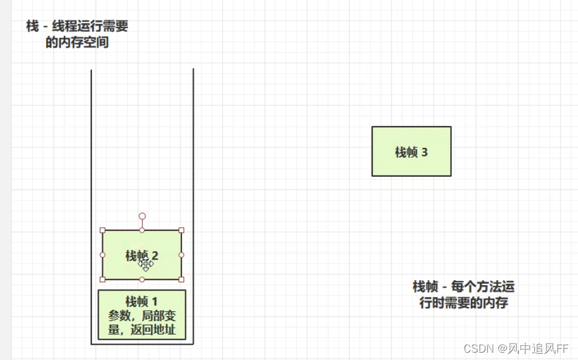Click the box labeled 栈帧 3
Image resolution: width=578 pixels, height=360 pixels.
click(411, 151)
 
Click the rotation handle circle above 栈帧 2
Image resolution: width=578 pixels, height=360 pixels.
click(142, 216)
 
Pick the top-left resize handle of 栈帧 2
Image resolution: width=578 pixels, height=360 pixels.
click(102, 230)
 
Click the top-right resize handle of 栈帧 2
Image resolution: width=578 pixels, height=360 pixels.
click(182, 230)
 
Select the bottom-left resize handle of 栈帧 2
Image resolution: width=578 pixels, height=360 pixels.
click(102, 279)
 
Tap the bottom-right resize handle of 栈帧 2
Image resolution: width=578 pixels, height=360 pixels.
click(182, 279)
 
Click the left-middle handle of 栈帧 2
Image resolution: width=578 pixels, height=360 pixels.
click(102, 255)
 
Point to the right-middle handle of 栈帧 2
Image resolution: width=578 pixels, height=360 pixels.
click(182, 255)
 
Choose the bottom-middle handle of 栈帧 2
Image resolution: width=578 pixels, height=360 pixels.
click(142, 280)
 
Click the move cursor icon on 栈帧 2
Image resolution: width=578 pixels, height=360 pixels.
click(146, 263)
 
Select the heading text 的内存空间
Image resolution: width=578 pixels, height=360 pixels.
click(77, 43)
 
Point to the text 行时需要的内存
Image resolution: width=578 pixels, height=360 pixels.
click(463, 303)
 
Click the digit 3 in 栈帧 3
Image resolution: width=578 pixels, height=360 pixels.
click(425, 152)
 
